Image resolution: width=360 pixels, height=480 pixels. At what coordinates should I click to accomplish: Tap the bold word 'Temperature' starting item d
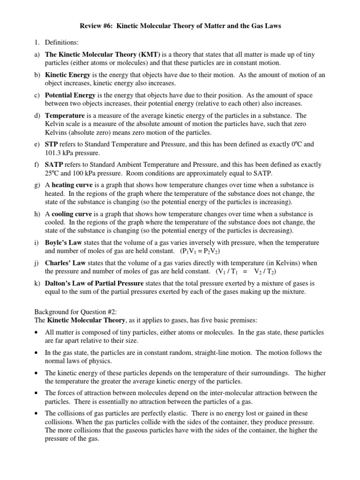(x=65, y=115)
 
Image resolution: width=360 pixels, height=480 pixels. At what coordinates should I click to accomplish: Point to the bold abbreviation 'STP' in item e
(x=52, y=144)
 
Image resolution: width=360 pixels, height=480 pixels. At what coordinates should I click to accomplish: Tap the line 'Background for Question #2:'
(x=75, y=312)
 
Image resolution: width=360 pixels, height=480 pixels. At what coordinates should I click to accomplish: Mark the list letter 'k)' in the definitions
(x=37, y=284)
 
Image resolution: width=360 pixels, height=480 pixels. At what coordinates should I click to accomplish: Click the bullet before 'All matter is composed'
(x=37, y=332)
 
